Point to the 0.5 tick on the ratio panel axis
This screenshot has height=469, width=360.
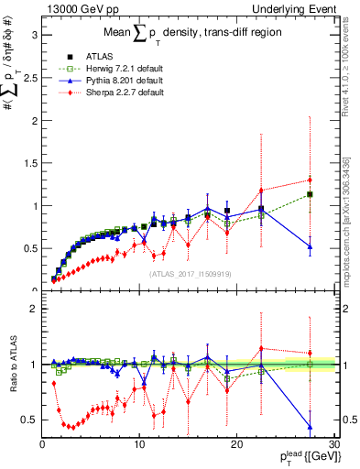tap(30, 420)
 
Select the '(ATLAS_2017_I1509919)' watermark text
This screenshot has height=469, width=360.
tap(190, 274)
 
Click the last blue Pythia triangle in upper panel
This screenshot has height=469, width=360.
tap(311, 246)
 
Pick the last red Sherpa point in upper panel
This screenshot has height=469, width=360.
tap(311, 180)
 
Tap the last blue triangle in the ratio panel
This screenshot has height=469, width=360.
tap(311, 426)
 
